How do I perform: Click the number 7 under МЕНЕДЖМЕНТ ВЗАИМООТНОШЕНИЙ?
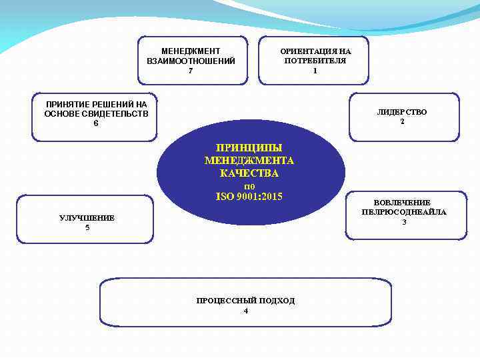[x=191, y=71]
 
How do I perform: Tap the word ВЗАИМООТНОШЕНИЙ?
[x=191, y=61]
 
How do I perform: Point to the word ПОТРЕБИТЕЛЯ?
[x=315, y=61]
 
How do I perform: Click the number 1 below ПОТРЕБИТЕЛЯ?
[x=315, y=71]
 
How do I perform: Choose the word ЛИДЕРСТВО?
[x=401, y=112]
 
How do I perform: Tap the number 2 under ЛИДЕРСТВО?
[x=402, y=121]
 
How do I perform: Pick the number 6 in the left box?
[x=96, y=123]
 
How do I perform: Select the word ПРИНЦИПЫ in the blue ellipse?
[x=249, y=147]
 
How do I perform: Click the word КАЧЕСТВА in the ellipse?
[x=249, y=173]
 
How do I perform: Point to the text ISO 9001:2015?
[x=249, y=197]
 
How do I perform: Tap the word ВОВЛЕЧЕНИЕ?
[x=402, y=202]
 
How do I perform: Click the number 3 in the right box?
[x=403, y=221]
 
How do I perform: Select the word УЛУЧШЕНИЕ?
[x=87, y=218]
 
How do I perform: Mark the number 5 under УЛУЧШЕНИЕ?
[x=87, y=228]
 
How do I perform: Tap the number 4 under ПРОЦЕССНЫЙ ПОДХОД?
[x=245, y=311]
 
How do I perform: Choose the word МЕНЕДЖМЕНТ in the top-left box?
[x=191, y=51]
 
